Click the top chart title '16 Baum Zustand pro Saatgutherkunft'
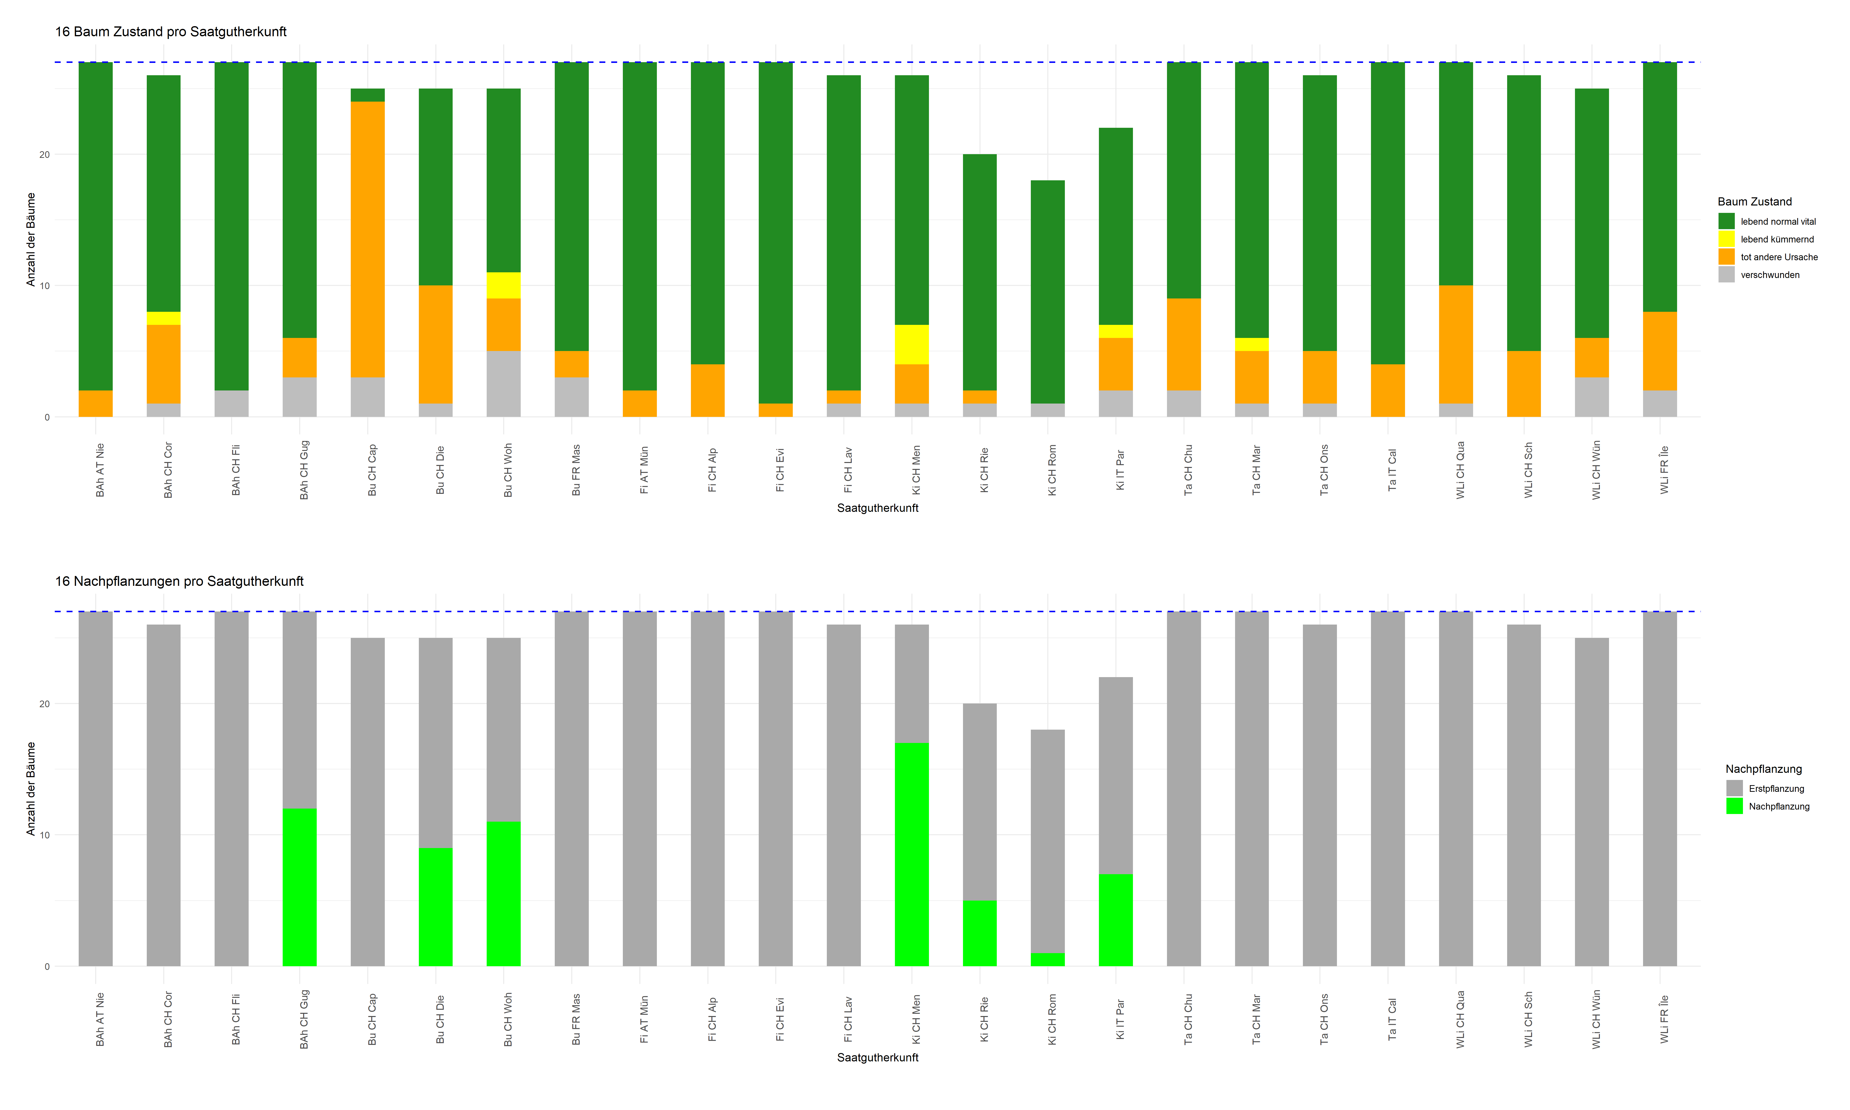point(170,31)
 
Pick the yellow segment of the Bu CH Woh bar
point(503,285)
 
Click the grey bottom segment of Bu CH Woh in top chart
point(503,384)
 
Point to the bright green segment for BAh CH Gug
point(299,887)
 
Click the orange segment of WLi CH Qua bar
point(1456,344)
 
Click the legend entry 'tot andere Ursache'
point(1778,257)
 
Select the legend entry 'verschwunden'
point(1769,275)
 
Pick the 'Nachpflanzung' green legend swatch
point(1734,806)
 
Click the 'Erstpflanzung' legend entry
point(1776,788)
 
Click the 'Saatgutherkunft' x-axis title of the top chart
point(877,508)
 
